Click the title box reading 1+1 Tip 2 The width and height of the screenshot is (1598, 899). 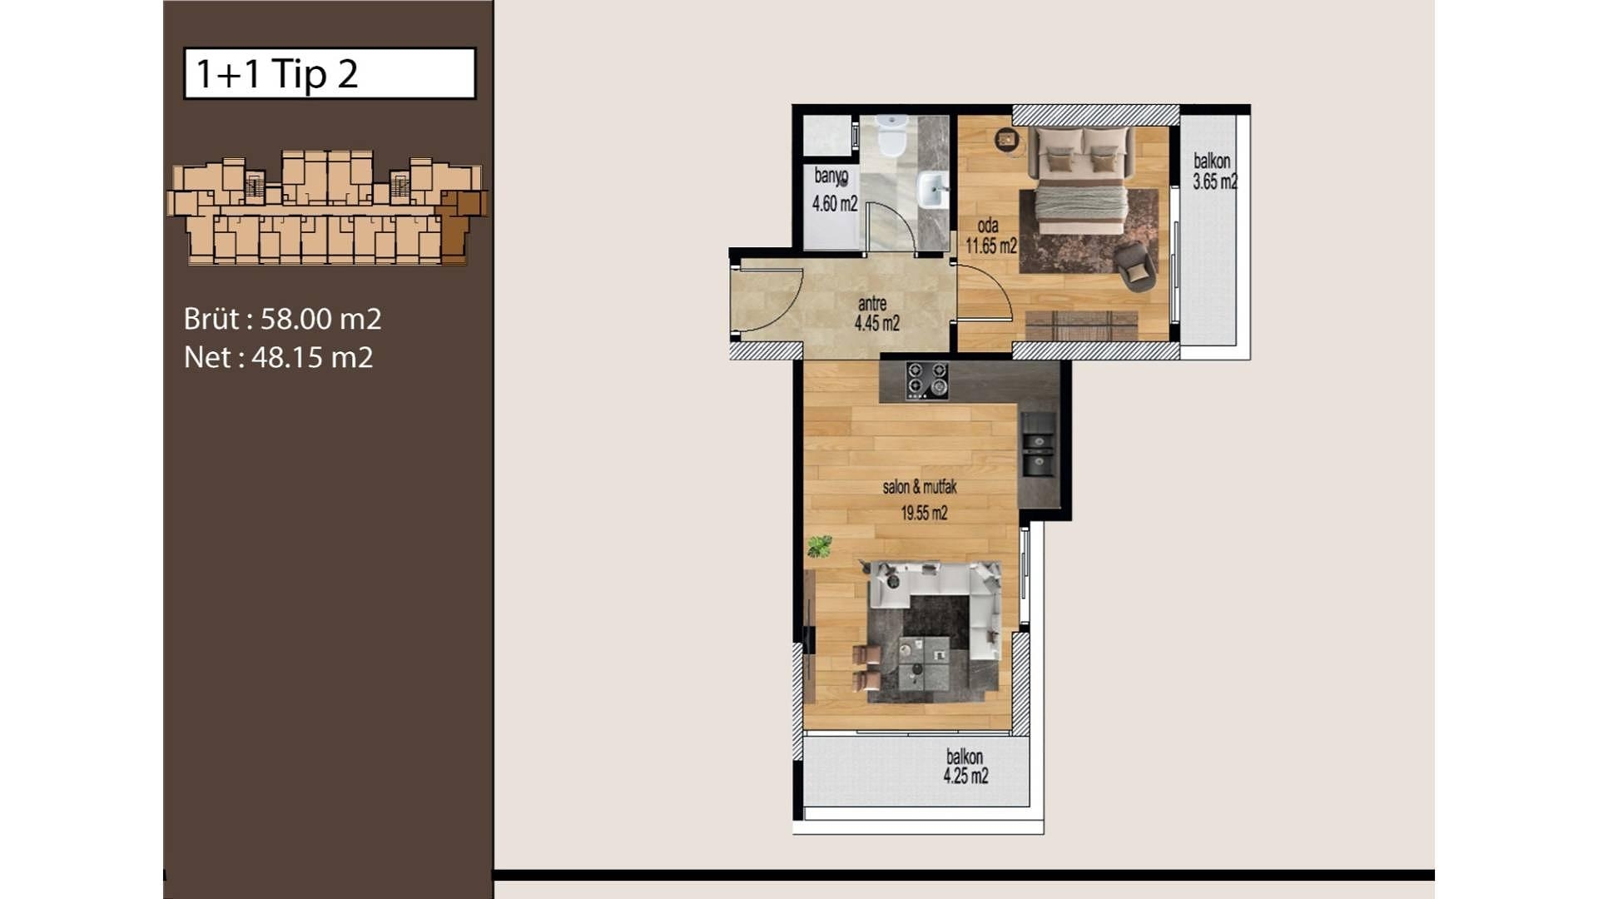coord(330,73)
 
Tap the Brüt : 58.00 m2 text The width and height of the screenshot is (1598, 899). coord(282,319)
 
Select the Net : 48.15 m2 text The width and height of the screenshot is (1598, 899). coord(278,357)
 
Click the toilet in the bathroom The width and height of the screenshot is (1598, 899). coord(891,137)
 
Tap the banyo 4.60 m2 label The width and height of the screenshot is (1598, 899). coord(834,190)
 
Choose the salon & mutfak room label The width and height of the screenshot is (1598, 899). coord(921,499)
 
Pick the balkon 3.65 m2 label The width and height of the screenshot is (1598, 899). coord(1214,171)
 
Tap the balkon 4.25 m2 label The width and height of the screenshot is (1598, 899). coord(965,767)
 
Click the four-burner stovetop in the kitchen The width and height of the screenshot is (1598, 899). coord(927,380)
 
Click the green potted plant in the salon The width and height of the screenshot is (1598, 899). coord(820,546)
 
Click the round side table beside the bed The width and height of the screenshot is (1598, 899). coord(1007,139)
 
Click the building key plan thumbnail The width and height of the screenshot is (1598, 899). coord(326,207)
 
